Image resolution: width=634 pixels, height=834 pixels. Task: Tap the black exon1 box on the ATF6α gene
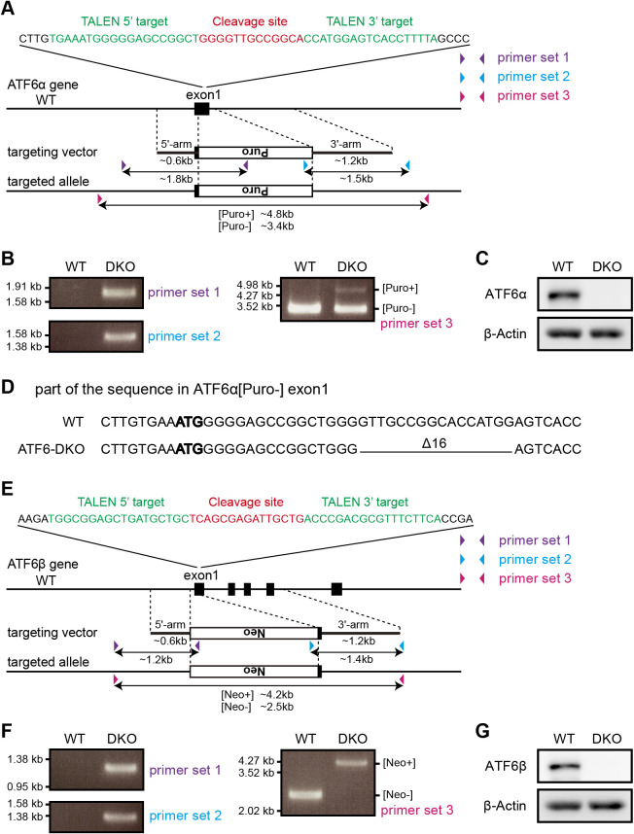(x=201, y=108)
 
